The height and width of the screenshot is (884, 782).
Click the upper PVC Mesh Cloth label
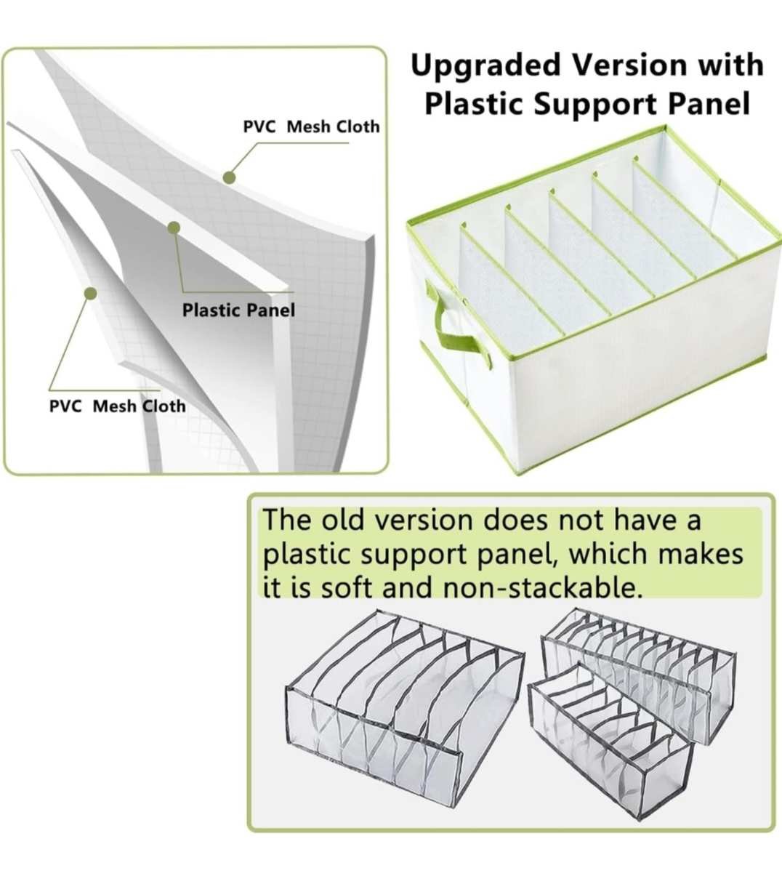point(311,126)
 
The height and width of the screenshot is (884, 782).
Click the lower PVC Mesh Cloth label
point(117,406)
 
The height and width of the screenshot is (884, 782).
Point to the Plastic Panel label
point(238,310)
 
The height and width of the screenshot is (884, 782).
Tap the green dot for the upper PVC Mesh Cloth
point(229,177)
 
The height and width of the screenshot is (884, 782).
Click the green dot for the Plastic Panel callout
point(174,228)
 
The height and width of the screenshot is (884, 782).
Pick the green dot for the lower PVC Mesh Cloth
point(90,293)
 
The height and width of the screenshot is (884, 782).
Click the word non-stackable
point(543,588)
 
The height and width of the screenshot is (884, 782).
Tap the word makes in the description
point(701,554)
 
